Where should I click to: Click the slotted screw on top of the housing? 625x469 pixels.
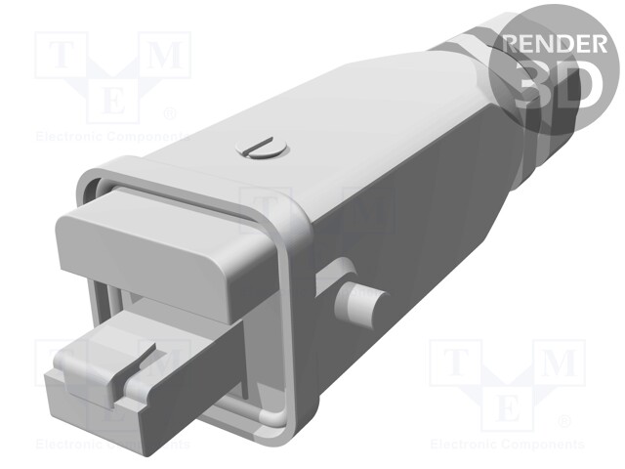click(x=259, y=149)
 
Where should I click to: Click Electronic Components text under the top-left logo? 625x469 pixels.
click(x=109, y=137)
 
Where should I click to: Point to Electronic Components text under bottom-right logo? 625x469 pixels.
click(x=506, y=444)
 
